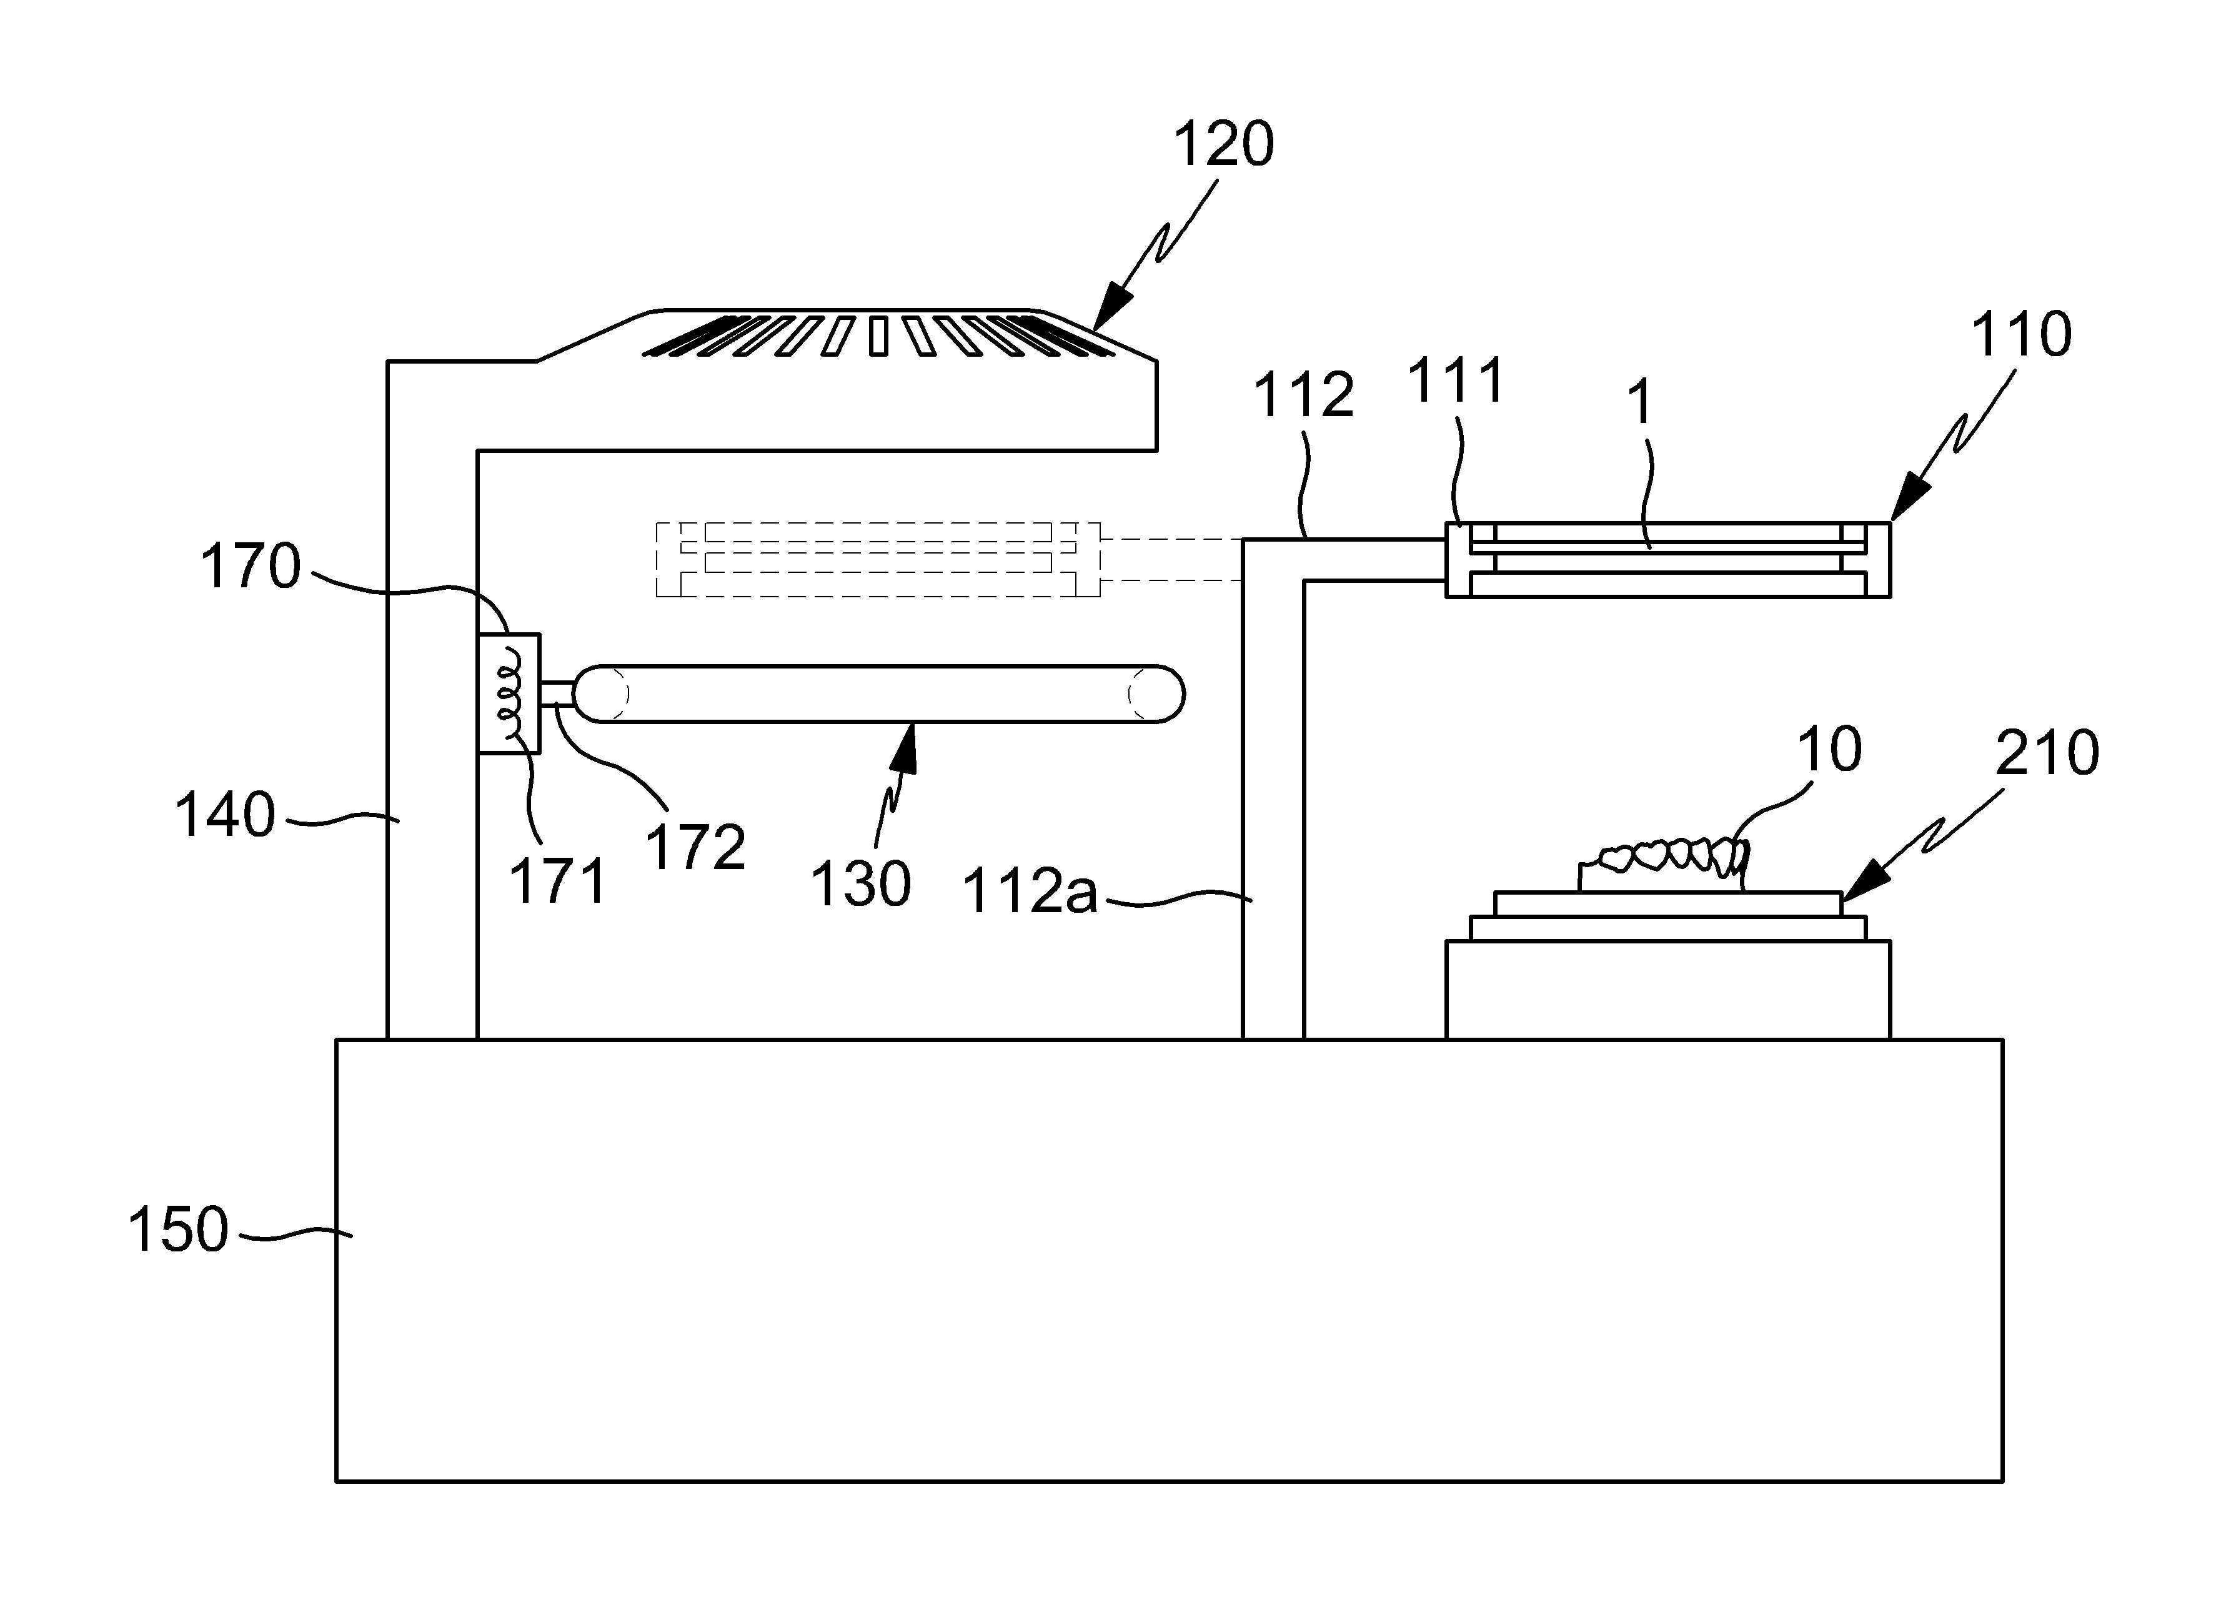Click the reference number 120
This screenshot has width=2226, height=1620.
point(1224,145)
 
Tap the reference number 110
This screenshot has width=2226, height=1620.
point(2022,335)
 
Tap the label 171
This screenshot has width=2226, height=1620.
point(557,880)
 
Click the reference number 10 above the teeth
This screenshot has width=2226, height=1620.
point(1829,750)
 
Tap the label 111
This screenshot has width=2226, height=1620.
point(1456,380)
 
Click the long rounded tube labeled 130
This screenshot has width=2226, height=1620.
point(878,693)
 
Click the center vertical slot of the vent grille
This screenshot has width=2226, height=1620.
point(878,335)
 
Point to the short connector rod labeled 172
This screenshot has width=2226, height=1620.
point(557,693)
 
